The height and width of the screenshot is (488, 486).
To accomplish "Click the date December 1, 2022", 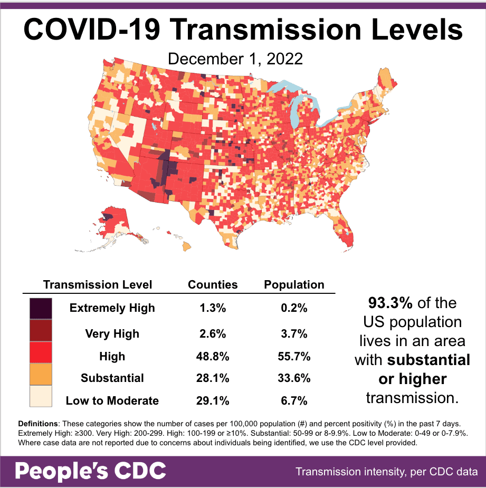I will point(235,58).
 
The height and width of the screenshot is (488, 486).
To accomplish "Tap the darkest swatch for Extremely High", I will point(41,308).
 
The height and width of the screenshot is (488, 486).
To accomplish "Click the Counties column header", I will point(213,285).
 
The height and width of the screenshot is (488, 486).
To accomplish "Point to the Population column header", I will point(294,285).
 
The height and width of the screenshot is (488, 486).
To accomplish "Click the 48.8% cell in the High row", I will point(213,357).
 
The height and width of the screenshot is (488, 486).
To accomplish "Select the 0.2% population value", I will point(294,308).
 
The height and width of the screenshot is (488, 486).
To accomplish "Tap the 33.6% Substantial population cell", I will point(294,378).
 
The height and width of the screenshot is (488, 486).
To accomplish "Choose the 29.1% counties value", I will point(213,401).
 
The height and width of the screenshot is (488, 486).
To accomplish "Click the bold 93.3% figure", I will point(389,303).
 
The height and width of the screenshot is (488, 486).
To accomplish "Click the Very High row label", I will point(112,333).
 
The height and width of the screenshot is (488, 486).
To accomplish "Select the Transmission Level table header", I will point(98,285).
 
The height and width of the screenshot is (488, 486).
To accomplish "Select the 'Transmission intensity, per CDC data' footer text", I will point(387,471).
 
